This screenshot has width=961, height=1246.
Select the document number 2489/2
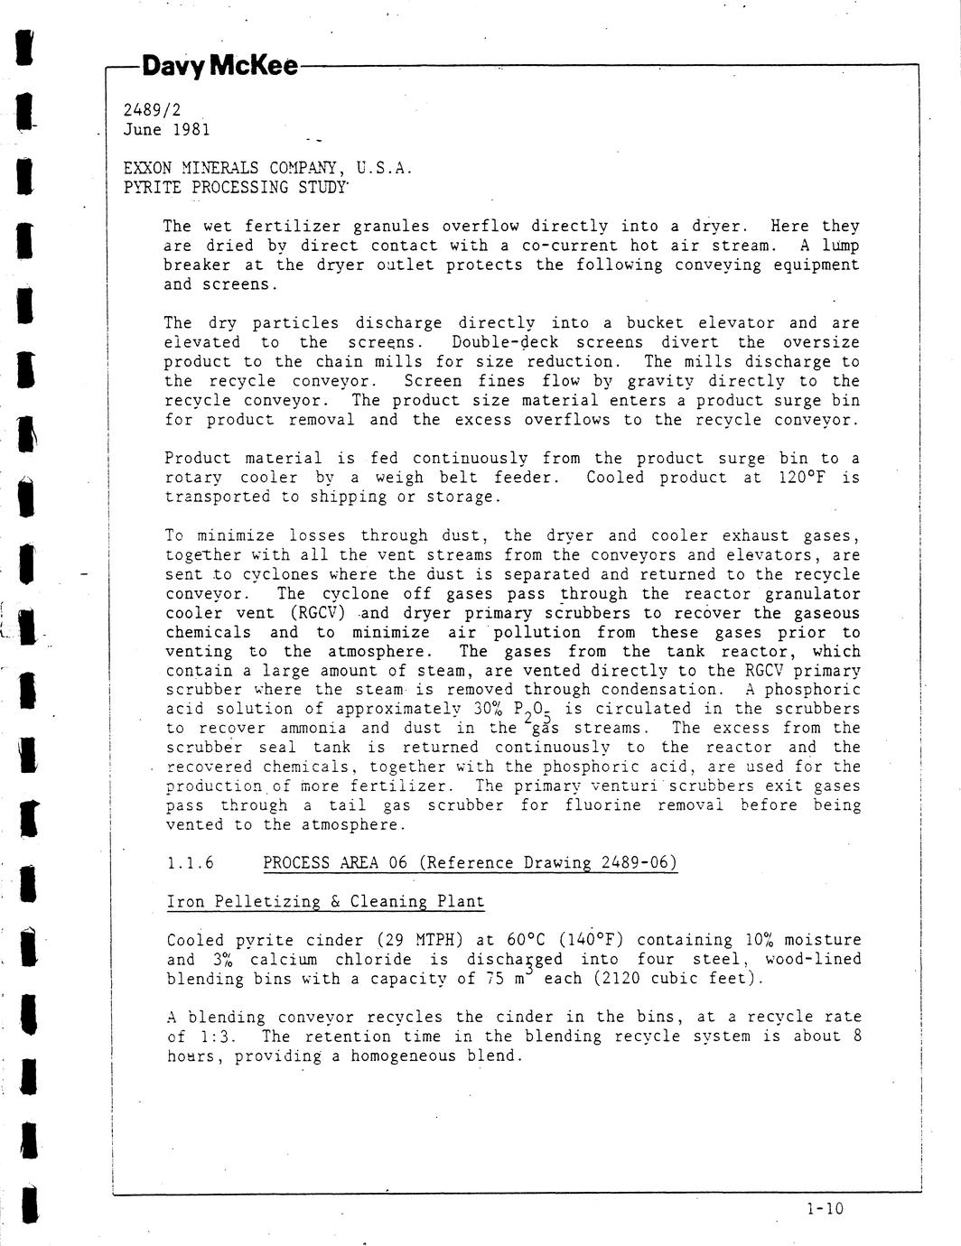pyautogui.click(x=152, y=110)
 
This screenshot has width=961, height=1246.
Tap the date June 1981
pyautogui.click(x=166, y=129)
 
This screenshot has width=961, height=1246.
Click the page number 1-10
pyautogui.click(x=824, y=1208)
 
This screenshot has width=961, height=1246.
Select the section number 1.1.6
pyautogui.click(x=191, y=863)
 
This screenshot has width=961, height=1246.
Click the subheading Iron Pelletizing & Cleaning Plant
pyautogui.click(x=325, y=902)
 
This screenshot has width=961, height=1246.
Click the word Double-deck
pyautogui.click(x=505, y=343)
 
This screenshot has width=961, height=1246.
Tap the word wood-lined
pyautogui.click(x=813, y=959)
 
